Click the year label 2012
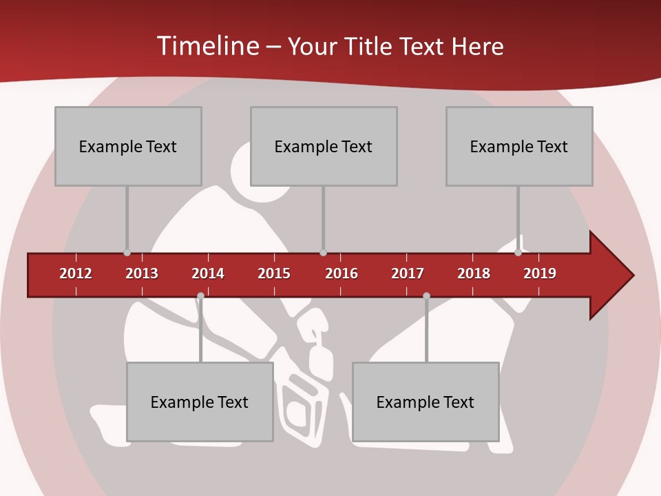coord(76,273)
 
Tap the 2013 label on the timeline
coord(142,273)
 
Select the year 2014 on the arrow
coord(208,273)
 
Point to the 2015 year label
coord(274,273)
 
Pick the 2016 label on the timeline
coord(342,273)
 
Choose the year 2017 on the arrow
coord(408,273)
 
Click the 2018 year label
coord(474,273)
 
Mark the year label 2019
coord(540,273)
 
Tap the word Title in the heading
coord(370,46)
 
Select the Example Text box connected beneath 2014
coord(200,402)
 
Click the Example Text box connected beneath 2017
coord(426,402)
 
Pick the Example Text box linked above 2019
coord(519,146)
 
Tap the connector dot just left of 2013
coord(127,252)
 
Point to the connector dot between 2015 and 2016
coord(324,252)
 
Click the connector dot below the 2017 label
coord(426,296)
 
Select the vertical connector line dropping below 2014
coord(200,331)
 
